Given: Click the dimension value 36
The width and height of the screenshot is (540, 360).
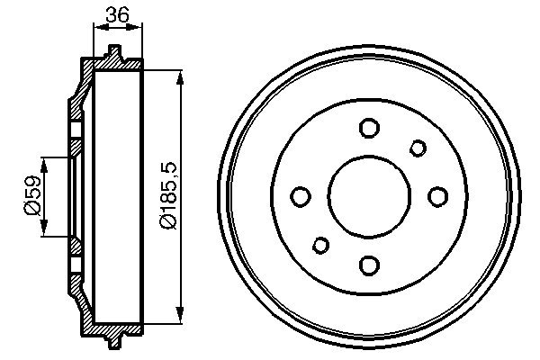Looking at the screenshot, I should tap(117, 13).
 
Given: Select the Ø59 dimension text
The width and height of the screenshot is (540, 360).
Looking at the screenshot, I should tap(31, 196).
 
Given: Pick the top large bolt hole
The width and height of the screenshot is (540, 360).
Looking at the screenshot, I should tap(368, 128).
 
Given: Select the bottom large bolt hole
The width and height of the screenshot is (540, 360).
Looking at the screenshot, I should tap(368, 264).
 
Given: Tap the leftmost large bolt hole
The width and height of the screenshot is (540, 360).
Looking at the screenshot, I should tap(301, 196).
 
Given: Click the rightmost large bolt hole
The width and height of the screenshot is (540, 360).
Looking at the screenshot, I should tap(436, 196).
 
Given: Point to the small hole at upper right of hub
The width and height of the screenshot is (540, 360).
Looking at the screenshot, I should tap(418, 148).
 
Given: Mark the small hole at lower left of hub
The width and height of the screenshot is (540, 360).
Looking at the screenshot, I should tap(319, 245).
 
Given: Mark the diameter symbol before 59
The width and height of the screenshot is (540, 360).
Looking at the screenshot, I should tap(31, 209).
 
